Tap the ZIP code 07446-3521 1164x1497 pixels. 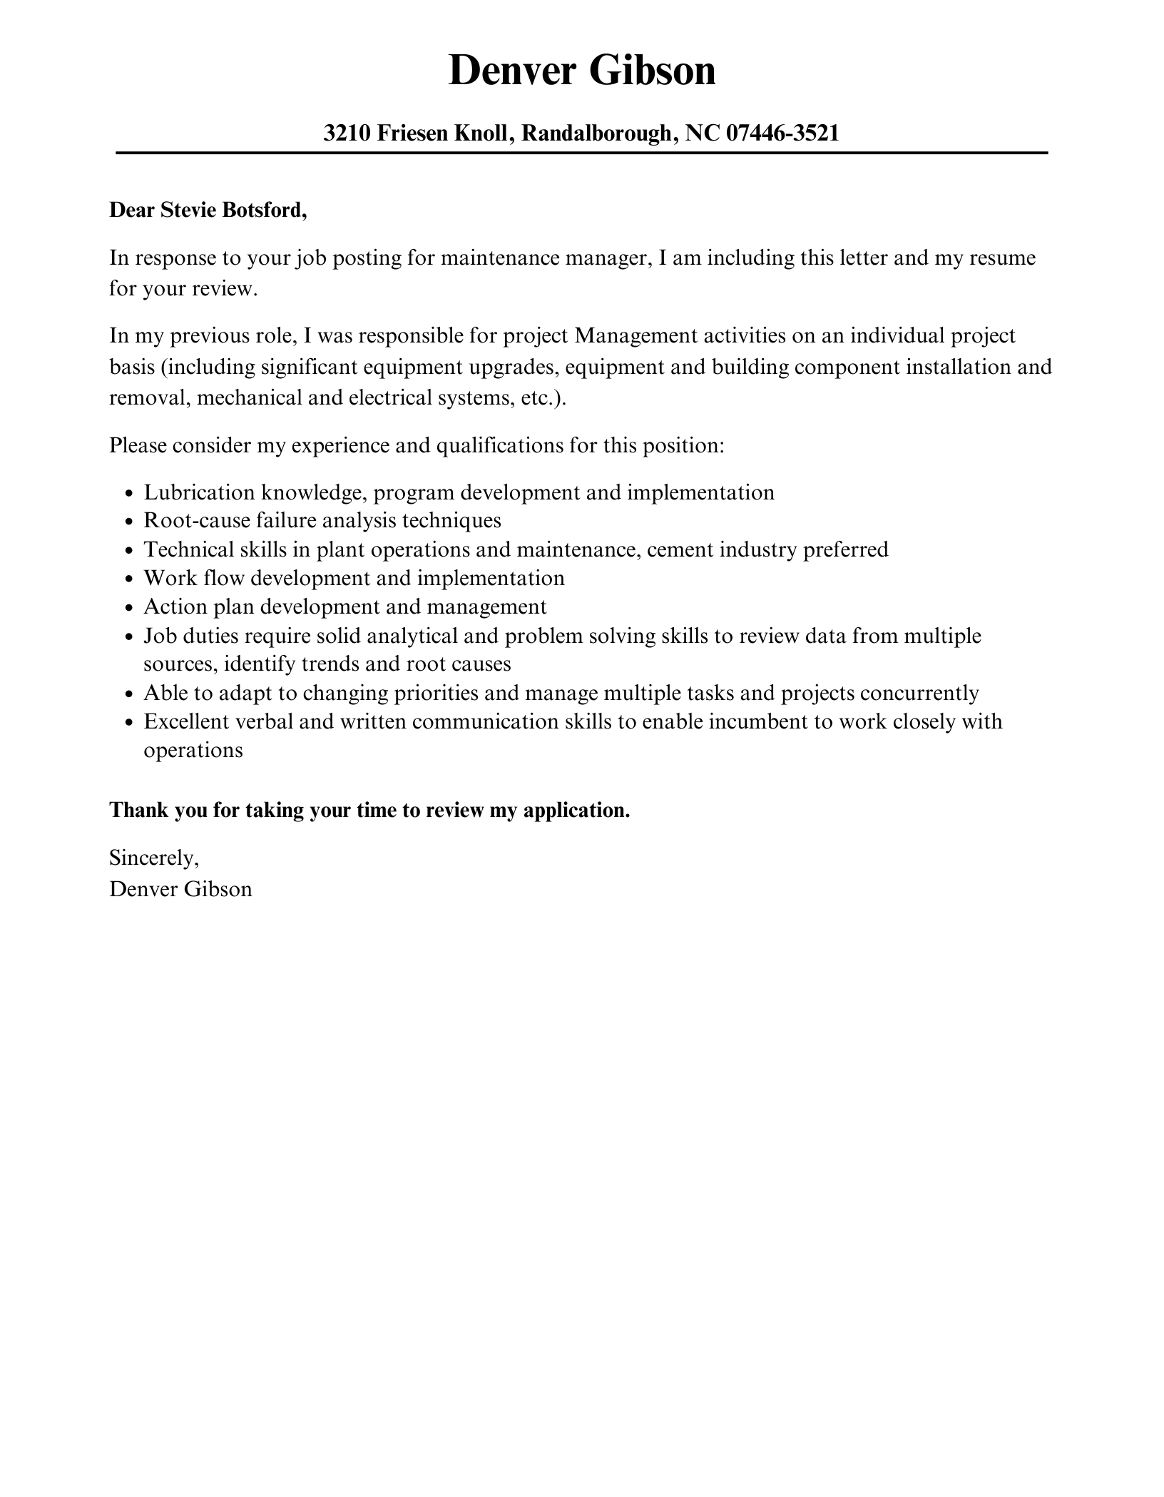click(782, 133)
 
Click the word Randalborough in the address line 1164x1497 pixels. click(596, 133)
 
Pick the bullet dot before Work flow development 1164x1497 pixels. click(129, 579)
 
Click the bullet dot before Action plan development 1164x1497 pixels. click(129, 608)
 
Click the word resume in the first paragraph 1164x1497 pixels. click(1002, 258)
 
